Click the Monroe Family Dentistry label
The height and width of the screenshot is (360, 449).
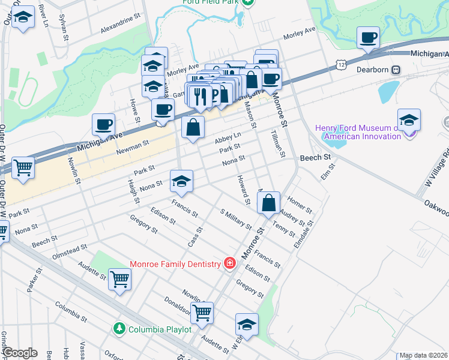tap(175, 263)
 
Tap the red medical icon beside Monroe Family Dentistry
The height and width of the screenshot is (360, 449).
tap(229, 263)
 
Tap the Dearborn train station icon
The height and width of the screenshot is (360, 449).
tap(396, 70)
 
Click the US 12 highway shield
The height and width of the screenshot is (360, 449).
tap(341, 64)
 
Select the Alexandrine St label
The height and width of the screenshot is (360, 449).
tap(120, 28)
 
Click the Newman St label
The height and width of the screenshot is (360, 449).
tap(133, 145)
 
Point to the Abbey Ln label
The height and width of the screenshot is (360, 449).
tap(228, 139)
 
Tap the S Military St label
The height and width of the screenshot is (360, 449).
tap(235, 219)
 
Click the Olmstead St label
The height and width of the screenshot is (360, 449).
tap(68, 250)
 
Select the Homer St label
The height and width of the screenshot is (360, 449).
tap(300, 205)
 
